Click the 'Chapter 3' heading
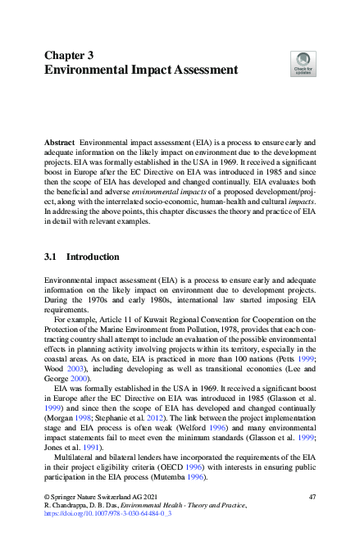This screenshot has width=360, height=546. click(69, 55)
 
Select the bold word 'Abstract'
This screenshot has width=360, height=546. click(61, 142)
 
